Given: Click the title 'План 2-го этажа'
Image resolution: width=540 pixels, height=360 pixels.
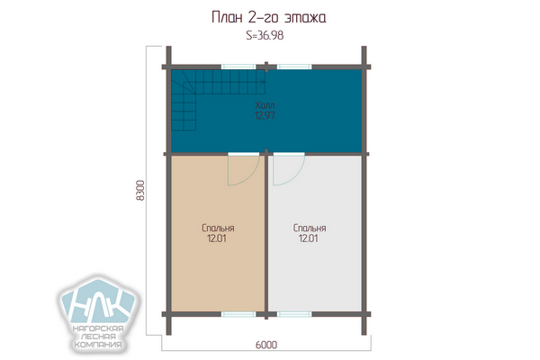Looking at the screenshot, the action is click(268, 17).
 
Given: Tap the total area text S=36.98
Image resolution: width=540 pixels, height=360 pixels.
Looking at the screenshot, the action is click(265, 35).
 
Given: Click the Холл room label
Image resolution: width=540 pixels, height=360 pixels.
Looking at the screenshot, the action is click(265, 105).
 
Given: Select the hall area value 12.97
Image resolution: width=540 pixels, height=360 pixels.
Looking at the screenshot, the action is click(265, 115).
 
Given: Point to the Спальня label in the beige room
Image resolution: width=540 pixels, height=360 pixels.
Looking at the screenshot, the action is click(218, 228).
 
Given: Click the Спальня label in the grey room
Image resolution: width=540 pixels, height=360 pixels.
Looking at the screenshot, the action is click(310, 228).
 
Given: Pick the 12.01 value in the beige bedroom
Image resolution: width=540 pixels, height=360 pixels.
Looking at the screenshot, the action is click(217, 238).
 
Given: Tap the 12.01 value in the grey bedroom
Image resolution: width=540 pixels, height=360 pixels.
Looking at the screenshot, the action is click(308, 238).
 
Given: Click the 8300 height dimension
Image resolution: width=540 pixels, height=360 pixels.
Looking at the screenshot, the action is click(140, 191).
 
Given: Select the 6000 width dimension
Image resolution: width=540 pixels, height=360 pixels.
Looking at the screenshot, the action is click(266, 345).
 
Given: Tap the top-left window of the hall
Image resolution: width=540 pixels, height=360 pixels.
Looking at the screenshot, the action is click(238, 67).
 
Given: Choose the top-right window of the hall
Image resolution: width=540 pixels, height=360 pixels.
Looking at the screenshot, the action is click(294, 67).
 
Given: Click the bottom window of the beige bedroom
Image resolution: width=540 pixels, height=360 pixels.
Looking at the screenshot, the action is click(238, 314).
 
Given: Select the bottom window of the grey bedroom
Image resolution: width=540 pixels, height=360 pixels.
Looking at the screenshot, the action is click(294, 314).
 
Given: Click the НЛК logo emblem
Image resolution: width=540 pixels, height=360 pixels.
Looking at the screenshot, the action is click(98, 301).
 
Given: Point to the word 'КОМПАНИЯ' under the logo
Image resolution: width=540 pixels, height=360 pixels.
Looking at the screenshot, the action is click(98, 345).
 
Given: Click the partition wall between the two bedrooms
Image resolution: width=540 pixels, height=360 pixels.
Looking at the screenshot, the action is click(266, 234).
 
